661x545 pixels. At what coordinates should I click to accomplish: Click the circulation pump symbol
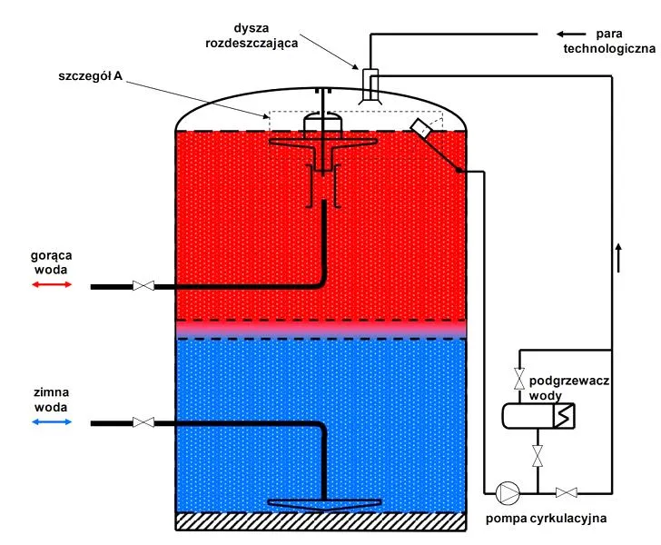(508, 492)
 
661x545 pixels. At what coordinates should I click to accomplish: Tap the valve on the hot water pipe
(143, 285)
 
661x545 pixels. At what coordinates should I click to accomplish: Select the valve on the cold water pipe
(143, 421)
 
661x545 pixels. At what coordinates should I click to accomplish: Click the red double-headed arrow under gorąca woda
(52, 284)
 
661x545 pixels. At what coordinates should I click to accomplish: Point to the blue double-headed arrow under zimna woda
(52, 421)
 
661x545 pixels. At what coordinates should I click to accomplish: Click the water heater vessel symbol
(538, 416)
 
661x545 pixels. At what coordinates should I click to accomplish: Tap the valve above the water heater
(519, 379)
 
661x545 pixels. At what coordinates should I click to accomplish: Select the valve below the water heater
(538, 456)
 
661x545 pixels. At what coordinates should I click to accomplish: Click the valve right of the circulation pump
(567, 492)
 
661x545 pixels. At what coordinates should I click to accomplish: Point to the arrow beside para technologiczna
(571, 35)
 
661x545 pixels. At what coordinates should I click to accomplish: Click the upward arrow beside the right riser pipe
(618, 257)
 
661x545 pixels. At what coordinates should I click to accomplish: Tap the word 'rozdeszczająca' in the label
(252, 43)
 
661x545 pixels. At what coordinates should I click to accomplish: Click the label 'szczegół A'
(90, 76)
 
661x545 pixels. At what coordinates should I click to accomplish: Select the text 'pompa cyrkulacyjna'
(546, 519)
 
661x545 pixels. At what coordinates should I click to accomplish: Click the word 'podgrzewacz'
(569, 381)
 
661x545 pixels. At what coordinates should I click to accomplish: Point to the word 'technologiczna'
(609, 48)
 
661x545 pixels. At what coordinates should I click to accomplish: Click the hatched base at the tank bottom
(321, 521)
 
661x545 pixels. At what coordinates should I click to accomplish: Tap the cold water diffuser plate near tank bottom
(325, 504)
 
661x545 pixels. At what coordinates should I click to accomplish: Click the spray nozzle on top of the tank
(370, 86)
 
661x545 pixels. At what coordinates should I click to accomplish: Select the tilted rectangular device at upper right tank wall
(420, 128)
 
